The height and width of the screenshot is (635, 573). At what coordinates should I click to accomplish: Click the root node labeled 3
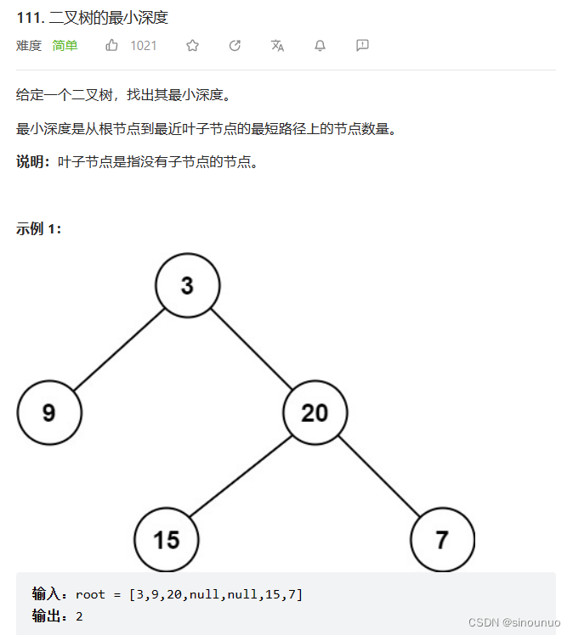pos(187,285)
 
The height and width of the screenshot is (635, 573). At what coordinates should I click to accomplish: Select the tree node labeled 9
pos(49,413)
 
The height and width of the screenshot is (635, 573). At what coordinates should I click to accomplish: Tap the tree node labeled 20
pos(315,413)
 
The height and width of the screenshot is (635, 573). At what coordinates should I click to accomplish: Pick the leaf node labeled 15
pos(167,539)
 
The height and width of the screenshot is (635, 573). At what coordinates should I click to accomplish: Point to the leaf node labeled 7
pos(442,539)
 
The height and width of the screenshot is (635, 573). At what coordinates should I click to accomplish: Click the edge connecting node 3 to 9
pos(118,349)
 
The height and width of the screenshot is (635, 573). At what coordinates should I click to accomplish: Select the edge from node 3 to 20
pos(251,349)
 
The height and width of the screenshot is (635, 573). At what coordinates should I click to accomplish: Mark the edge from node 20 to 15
pos(241,476)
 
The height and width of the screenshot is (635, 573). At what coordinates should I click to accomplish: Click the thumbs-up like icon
pos(112,46)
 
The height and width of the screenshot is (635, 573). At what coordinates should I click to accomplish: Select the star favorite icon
pos(192,46)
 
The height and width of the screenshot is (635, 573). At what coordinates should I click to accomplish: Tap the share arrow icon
pos(235,46)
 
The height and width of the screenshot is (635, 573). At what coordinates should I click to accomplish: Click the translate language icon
pos(277,46)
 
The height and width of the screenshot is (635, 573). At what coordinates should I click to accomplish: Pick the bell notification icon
pos(320,46)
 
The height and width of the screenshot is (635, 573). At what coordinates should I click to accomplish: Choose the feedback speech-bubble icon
pos(362,46)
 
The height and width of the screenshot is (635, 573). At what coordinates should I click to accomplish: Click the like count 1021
pos(143,46)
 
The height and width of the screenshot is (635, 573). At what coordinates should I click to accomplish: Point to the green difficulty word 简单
pos(65,46)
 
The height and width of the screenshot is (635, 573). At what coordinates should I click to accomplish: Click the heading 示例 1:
pos(38,229)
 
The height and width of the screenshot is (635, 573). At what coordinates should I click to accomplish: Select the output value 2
pos(79,616)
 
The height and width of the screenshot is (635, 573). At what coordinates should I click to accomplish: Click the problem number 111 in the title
pos(27,18)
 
